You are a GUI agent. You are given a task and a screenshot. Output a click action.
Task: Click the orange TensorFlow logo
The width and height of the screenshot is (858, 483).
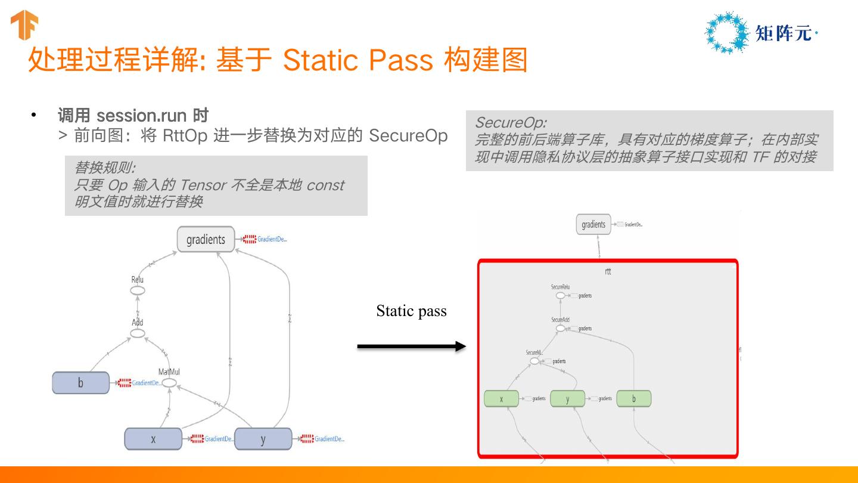coord(24,25)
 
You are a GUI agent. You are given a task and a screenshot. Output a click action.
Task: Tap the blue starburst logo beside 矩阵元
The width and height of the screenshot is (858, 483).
coord(726,32)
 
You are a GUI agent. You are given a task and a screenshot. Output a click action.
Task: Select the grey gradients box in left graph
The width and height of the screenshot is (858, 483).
coord(206,240)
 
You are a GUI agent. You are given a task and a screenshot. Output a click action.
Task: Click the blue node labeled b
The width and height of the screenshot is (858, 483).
coord(81,383)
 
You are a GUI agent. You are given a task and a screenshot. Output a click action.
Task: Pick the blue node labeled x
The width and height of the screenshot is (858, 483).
coord(153,439)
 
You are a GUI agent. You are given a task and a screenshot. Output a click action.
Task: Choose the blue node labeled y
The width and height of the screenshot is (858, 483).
coord(263,439)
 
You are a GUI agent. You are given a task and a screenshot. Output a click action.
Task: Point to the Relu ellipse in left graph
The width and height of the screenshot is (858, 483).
coord(138,290)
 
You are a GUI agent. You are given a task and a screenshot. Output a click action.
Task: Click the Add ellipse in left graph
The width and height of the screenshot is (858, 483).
coord(138,333)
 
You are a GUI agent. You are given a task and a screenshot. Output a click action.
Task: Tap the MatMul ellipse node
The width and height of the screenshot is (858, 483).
coord(169,383)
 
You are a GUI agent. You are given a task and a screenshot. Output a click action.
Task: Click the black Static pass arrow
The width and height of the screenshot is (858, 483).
coord(411,346)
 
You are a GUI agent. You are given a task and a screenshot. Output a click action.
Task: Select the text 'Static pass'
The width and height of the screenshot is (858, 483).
coord(411,311)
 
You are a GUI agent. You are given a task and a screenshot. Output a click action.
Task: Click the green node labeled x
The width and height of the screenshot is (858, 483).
coord(502,399)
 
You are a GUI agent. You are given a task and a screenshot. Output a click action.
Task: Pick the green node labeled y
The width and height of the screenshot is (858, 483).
coord(568,399)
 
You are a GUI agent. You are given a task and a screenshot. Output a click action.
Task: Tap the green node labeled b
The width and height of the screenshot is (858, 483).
coord(634,399)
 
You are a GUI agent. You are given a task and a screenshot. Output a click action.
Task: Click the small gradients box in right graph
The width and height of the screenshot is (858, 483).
coord(593,225)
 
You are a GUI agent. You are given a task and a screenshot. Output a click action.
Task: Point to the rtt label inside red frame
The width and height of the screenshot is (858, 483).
coord(608,271)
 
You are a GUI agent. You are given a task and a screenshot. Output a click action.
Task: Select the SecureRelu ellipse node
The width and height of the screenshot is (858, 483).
coord(560,295)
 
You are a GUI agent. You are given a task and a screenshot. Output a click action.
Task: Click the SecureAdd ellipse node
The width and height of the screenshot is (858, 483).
coord(560,328)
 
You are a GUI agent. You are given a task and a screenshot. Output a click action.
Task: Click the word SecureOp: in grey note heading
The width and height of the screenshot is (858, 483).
coord(511,123)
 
